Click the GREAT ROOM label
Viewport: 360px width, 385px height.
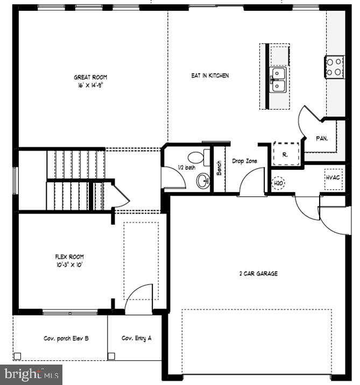pyautogui.click(x=90, y=77)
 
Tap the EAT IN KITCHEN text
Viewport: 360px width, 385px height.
pyautogui.click(x=210, y=76)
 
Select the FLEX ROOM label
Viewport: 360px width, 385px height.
pyautogui.click(x=69, y=257)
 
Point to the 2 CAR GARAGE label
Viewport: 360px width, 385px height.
pyautogui.click(x=258, y=274)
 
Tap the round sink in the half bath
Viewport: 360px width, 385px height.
pyautogui.click(x=203, y=181)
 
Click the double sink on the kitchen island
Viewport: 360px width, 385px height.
pyautogui.click(x=278, y=80)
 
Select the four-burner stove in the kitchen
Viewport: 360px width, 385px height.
pyautogui.click(x=334, y=67)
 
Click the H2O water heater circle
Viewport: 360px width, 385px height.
pyautogui.click(x=278, y=183)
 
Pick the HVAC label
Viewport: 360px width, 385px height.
pyautogui.click(x=333, y=177)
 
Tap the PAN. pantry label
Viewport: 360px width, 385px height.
pyautogui.click(x=322, y=139)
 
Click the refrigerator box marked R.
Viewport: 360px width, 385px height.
pyautogui.click(x=286, y=154)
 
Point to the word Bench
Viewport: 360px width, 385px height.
pyautogui.click(x=219, y=168)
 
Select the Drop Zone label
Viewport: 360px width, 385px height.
pyautogui.click(x=244, y=161)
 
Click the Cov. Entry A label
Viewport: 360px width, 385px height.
pyautogui.click(x=136, y=338)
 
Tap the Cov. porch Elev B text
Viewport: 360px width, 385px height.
pyautogui.click(x=66, y=339)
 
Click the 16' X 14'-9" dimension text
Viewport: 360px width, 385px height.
pyautogui.click(x=90, y=85)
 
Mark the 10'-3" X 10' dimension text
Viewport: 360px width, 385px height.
pyautogui.click(x=69, y=265)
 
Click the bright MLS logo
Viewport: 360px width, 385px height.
pyautogui.click(x=31, y=375)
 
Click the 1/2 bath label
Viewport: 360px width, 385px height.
pyautogui.click(x=187, y=168)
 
